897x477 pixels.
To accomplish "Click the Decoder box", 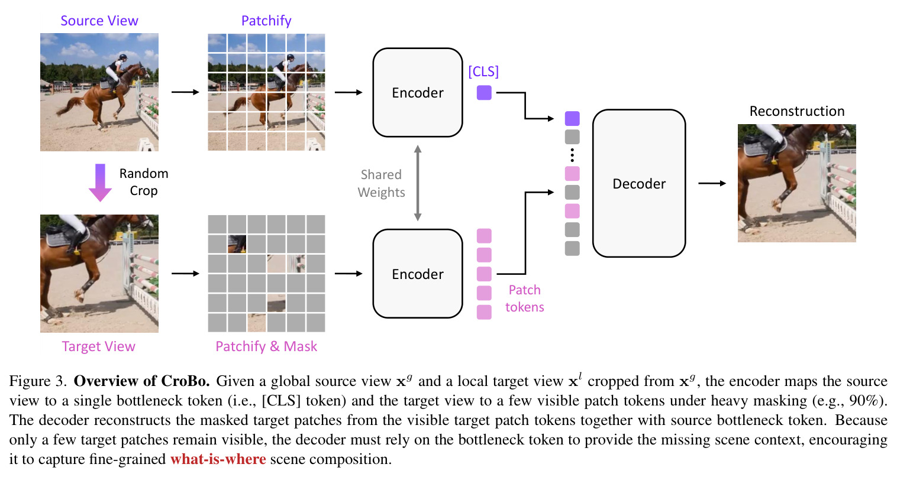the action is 638,183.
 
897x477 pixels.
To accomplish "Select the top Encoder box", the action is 418,92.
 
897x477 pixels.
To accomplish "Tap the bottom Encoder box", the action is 418,274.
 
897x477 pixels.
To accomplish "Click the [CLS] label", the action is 483,72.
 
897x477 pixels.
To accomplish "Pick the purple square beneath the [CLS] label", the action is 484,93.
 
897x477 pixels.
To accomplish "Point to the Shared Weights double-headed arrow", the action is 418,183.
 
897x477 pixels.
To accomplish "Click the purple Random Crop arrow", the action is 100,183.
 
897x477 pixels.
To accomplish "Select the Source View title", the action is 99,21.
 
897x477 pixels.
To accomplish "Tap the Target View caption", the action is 98,346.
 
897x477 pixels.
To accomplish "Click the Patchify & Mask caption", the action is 266,346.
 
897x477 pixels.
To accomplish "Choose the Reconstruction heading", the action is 797,111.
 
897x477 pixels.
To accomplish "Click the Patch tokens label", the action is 525,298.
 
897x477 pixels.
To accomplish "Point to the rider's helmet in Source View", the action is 123,57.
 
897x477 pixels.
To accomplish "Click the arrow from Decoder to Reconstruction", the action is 712,183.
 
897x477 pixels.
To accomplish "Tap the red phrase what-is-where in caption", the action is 218,459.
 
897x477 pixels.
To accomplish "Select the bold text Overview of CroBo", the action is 142,381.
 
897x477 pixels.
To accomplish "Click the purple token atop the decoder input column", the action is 572,118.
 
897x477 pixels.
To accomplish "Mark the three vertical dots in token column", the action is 572,155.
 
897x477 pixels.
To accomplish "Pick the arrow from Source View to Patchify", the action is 185,92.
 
